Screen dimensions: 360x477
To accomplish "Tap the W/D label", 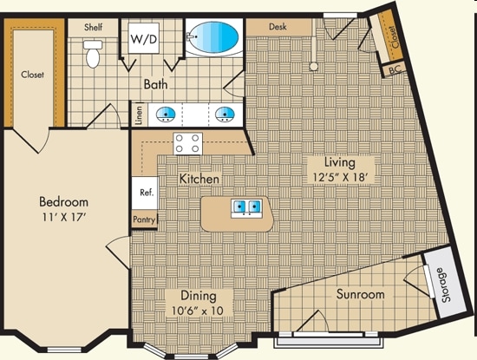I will click(x=140, y=39).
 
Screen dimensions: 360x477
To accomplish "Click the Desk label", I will click(x=278, y=27).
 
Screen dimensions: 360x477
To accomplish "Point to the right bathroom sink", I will click(x=224, y=113).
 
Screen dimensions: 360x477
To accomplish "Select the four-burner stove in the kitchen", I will click(x=187, y=143).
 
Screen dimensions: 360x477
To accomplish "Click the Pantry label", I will click(x=143, y=220).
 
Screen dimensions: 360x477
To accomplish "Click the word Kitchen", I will click(x=199, y=179).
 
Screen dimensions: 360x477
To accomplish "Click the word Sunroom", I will click(x=360, y=295).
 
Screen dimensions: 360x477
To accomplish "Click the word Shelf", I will click(x=94, y=27).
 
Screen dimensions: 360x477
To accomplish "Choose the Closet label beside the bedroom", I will click(x=32, y=75).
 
